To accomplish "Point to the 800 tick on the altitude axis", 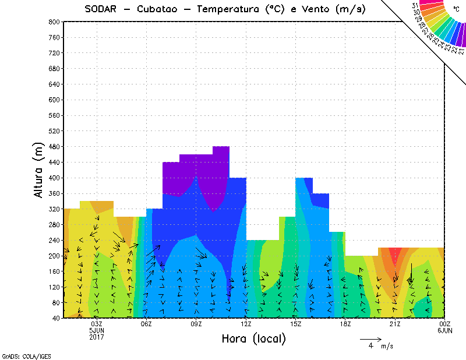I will pyautogui.click(x=54, y=22).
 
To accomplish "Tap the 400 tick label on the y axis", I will pyautogui.click(x=54, y=178).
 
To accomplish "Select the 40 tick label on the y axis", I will pyautogui.click(x=55, y=318).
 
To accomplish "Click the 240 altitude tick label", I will pyautogui.click(x=54, y=240).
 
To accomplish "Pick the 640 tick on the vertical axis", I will pyautogui.click(x=54, y=84).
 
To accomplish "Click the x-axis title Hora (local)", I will pyautogui.click(x=253, y=338).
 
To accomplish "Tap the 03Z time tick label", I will pyautogui.click(x=97, y=324).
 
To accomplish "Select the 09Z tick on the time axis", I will pyautogui.click(x=196, y=324).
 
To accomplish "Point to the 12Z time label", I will pyautogui.click(x=246, y=324).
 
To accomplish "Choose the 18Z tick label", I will pyautogui.click(x=345, y=324).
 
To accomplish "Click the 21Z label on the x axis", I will pyautogui.click(x=395, y=324).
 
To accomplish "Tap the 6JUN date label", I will pyautogui.click(x=445, y=330).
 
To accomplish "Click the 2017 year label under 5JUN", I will pyautogui.click(x=97, y=337).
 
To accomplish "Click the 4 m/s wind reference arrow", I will pyautogui.click(x=370, y=338).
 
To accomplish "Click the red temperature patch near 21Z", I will pyautogui.click(x=396, y=255).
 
